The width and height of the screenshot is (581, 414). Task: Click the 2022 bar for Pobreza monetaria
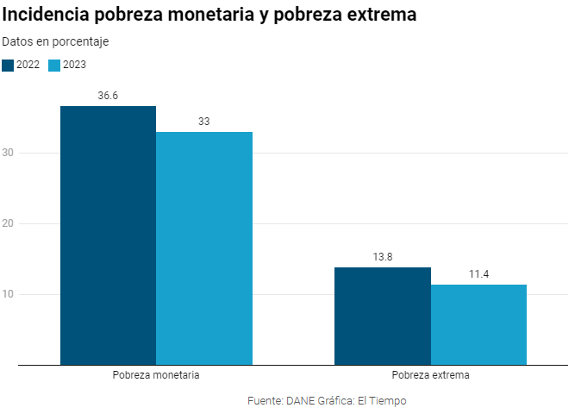click(x=108, y=235)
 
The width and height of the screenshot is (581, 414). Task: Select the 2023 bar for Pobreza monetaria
click(x=204, y=248)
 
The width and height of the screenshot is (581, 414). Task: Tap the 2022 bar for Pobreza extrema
click(x=382, y=316)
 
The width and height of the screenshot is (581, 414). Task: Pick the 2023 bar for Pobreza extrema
click(x=478, y=324)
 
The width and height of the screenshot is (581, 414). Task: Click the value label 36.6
click(x=108, y=96)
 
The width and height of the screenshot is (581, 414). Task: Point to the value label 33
click(x=204, y=122)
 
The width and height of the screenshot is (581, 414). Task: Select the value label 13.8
click(x=382, y=257)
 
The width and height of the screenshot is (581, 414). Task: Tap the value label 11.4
click(x=478, y=274)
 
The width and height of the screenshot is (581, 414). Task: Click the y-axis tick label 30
click(x=9, y=154)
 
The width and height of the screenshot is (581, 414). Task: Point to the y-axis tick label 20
click(x=9, y=224)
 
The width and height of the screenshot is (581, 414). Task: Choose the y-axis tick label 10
click(x=9, y=295)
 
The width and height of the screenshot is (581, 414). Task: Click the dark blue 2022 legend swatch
click(x=8, y=65)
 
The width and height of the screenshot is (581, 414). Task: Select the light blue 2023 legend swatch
click(x=54, y=65)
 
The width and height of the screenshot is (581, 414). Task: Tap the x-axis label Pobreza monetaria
click(x=156, y=376)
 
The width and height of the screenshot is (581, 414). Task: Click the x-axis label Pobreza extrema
click(x=430, y=376)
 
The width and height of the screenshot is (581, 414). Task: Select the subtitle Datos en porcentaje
click(x=55, y=41)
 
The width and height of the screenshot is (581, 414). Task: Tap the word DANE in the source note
click(x=301, y=401)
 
